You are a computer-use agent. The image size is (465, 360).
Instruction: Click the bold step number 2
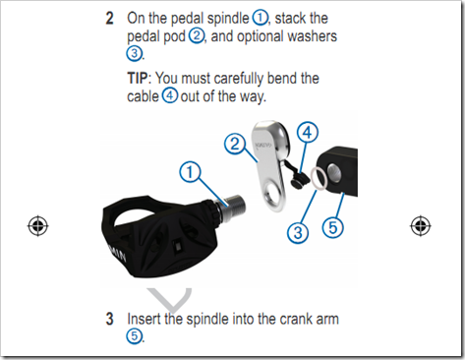[x=109, y=19]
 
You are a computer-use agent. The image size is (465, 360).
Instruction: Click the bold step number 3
[x=109, y=319]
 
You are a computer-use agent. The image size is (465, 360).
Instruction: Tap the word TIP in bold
[x=138, y=79]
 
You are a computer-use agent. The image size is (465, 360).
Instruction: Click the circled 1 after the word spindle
[x=260, y=18]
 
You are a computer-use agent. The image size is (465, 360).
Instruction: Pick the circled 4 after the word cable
[x=170, y=95]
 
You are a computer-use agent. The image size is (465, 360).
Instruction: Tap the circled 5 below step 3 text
[x=135, y=336]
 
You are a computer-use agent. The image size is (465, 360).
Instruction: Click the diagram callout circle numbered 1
[x=190, y=172]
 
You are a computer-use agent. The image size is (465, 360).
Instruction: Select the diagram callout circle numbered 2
[x=235, y=144]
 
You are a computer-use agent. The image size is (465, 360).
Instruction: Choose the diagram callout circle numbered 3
[x=298, y=233]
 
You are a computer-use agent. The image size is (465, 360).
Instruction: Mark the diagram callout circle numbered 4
[x=308, y=133]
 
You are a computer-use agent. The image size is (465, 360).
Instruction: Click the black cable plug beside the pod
[x=300, y=180]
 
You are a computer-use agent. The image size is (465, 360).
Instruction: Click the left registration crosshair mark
[x=38, y=226]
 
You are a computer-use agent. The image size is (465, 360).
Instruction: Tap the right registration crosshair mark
[x=421, y=226]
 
